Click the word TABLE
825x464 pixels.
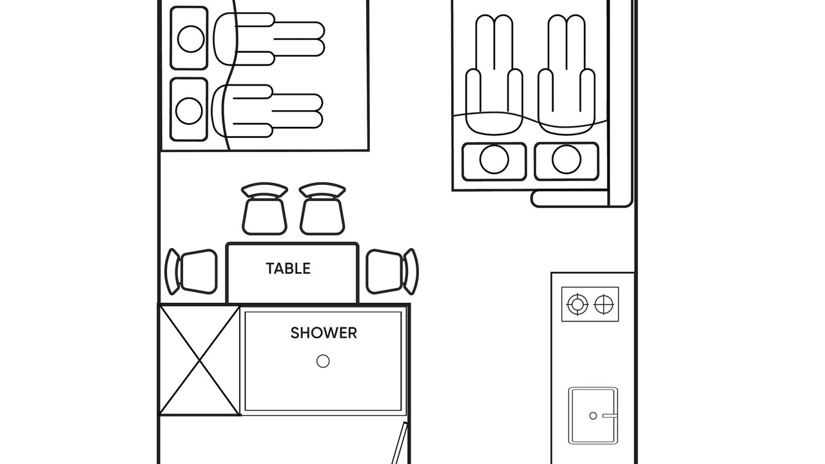[x=288, y=269]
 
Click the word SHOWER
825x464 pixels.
[x=324, y=333]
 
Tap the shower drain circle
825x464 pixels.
[x=323, y=362]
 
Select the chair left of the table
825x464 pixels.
[x=191, y=272]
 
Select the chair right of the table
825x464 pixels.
[x=393, y=272]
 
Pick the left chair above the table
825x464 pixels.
[x=264, y=209]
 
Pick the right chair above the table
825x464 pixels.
[x=322, y=209]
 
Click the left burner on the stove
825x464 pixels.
[x=577, y=305]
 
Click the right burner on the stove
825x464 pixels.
[x=604, y=305]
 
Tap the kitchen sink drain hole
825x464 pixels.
[x=593, y=416]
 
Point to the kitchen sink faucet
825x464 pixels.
[x=610, y=416]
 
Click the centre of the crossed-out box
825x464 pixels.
[x=200, y=360]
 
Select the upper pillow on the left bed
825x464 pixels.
[x=189, y=38]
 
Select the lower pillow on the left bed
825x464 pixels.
[x=189, y=110]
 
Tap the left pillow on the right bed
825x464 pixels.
[x=494, y=162]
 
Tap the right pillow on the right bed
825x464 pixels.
[x=567, y=162]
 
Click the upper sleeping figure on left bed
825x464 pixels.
[x=269, y=39]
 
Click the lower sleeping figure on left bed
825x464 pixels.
[x=267, y=111]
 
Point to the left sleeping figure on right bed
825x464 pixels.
[x=494, y=75]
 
